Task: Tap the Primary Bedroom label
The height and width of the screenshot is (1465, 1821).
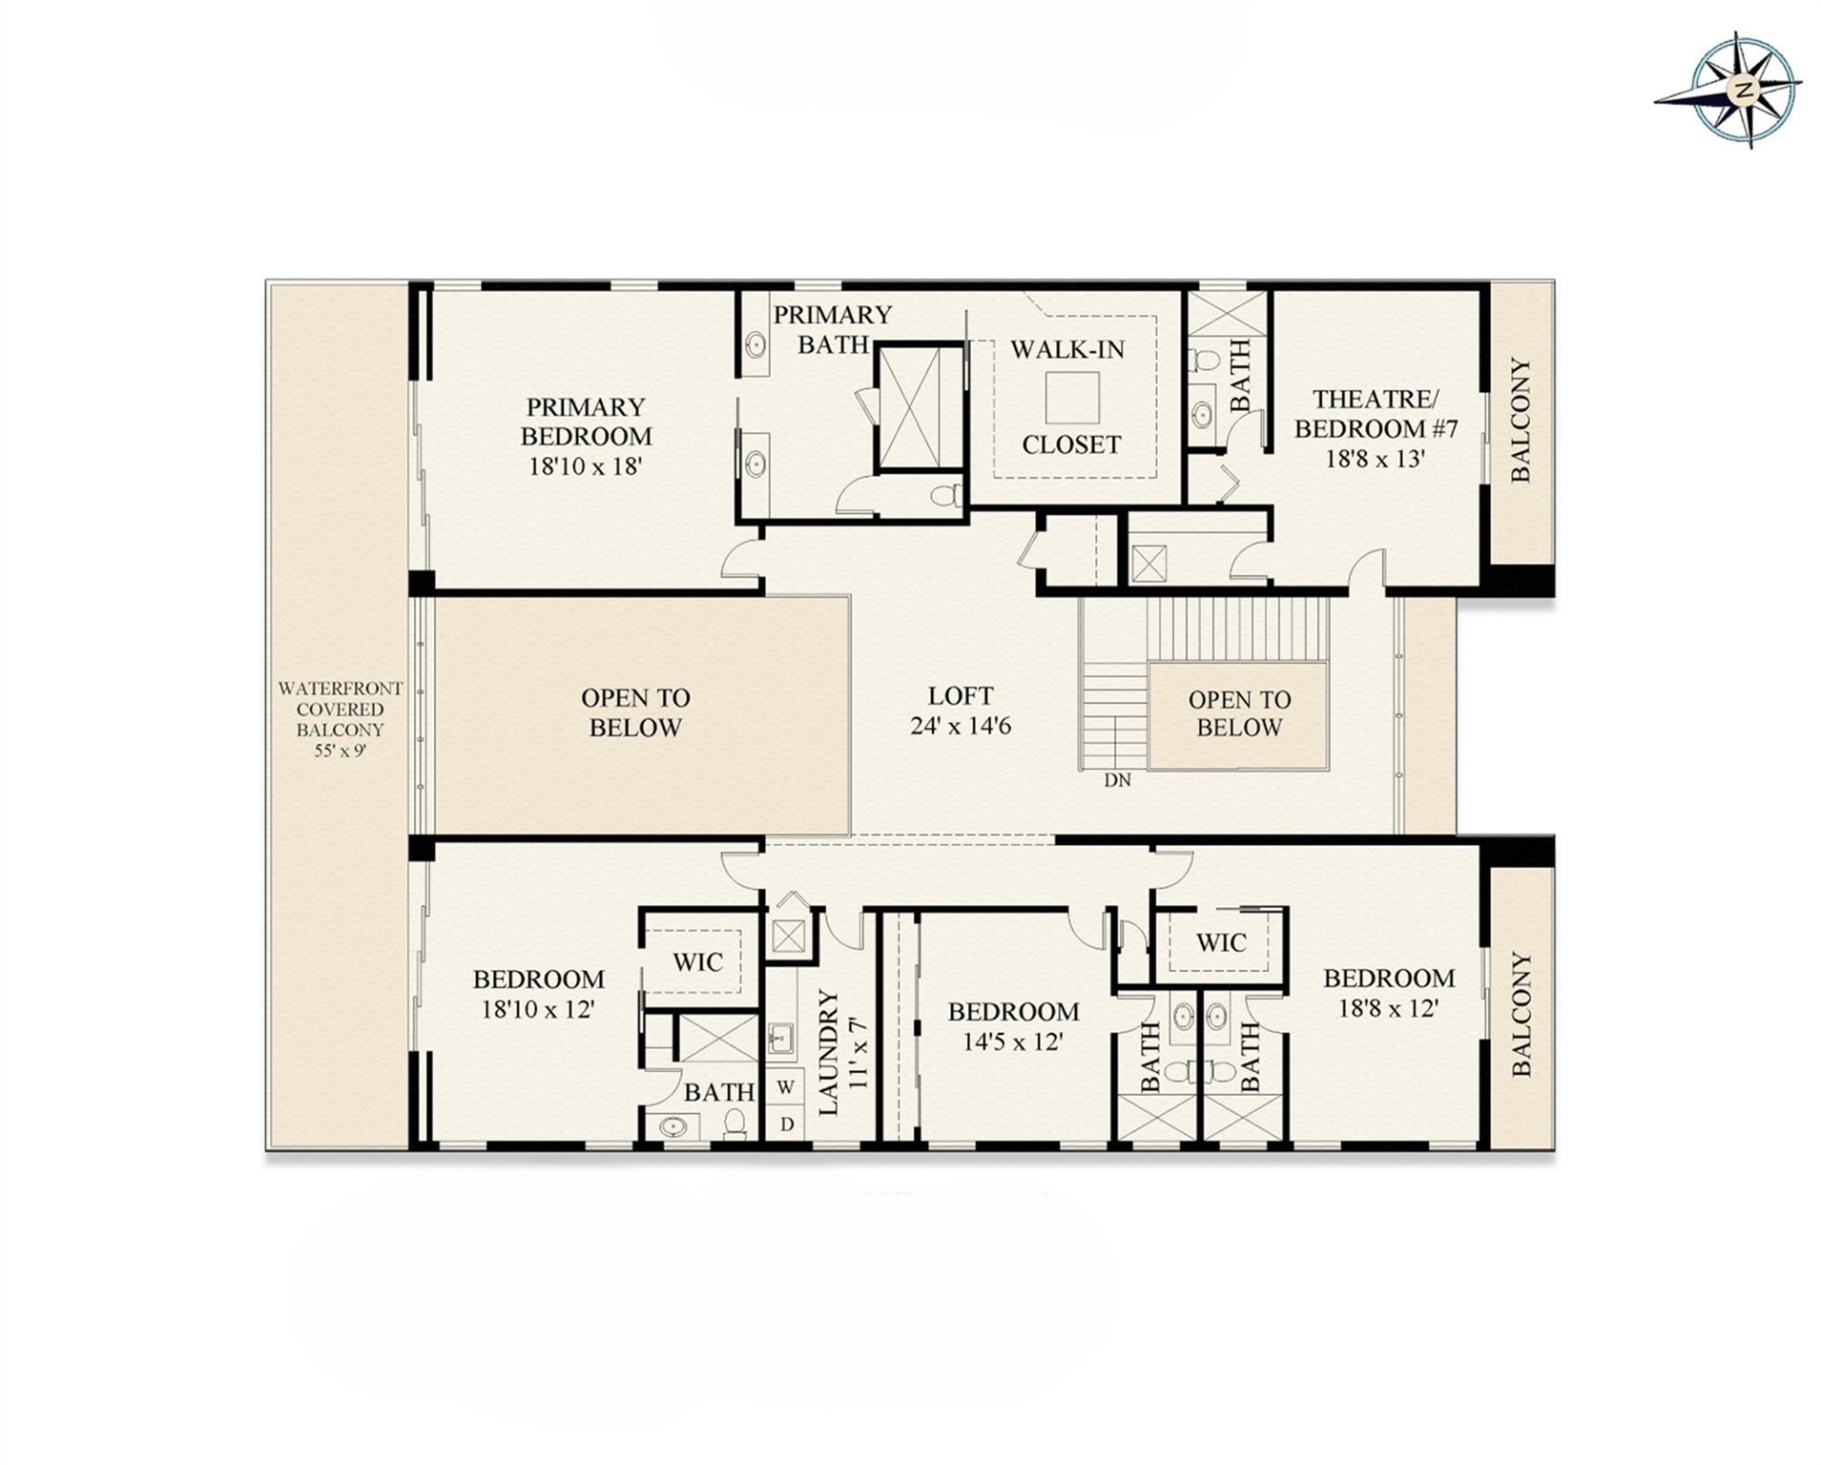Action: pyautogui.click(x=585, y=422)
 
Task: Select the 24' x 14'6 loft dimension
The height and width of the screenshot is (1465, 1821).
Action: pyautogui.click(x=960, y=726)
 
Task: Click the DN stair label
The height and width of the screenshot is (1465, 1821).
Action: pyautogui.click(x=1117, y=780)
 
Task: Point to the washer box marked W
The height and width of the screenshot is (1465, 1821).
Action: pyautogui.click(x=786, y=1086)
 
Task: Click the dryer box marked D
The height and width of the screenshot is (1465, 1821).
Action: pyautogui.click(x=786, y=1124)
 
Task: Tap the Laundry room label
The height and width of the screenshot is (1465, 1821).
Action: pyautogui.click(x=828, y=1052)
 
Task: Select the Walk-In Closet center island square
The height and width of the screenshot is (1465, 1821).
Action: pyautogui.click(x=1071, y=397)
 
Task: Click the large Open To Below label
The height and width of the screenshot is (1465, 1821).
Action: pyautogui.click(x=634, y=712)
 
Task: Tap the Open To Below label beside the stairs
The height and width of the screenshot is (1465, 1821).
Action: pyautogui.click(x=1238, y=713)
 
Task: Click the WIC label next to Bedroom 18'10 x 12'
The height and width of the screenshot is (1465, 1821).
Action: pyautogui.click(x=697, y=962)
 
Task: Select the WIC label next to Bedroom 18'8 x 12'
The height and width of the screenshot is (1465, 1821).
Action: pyautogui.click(x=1220, y=943)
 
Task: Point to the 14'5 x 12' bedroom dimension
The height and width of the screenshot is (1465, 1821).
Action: pyautogui.click(x=1012, y=1042)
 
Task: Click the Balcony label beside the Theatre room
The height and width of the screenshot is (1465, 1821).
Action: pyautogui.click(x=1520, y=420)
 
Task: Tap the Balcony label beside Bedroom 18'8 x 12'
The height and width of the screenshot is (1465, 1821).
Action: pyautogui.click(x=1521, y=1013)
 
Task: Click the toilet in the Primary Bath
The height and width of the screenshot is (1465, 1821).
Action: pyautogui.click(x=944, y=495)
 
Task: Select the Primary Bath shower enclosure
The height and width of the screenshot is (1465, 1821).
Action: pyautogui.click(x=920, y=407)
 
